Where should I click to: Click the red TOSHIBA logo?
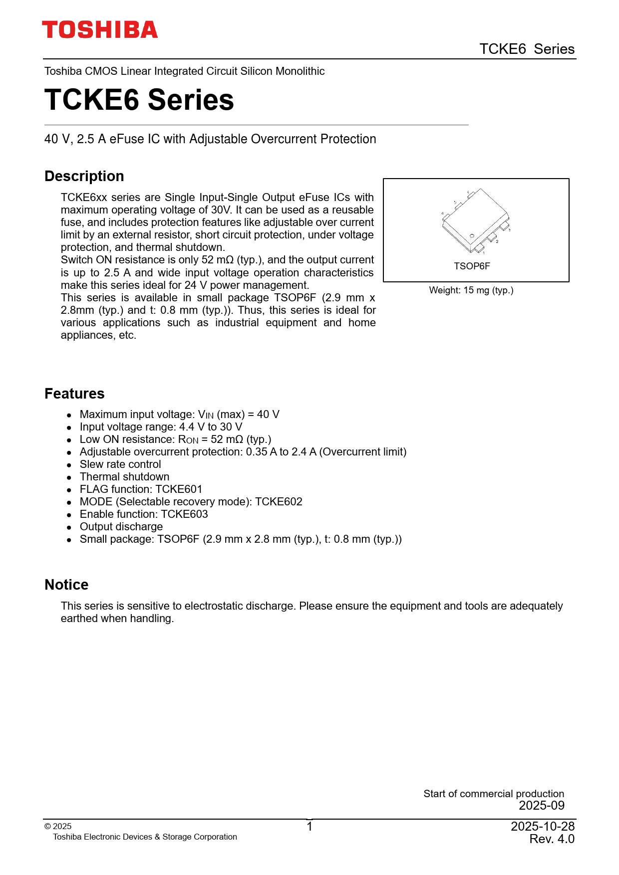(x=100, y=30)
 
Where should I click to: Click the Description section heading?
(x=84, y=176)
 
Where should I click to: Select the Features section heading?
(x=74, y=394)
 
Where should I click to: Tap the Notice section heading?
(x=66, y=585)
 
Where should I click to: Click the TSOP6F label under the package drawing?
(x=472, y=266)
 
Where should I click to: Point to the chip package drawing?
(x=475, y=221)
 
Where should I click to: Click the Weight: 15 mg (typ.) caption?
(x=471, y=290)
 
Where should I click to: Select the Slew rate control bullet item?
(x=120, y=464)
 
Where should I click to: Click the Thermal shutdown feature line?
(x=124, y=477)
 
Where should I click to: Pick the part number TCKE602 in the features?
(x=279, y=502)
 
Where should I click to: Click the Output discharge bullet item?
(x=121, y=527)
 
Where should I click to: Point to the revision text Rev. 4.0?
(x=552, y=839)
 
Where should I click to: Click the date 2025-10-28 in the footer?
(x=543, y=827)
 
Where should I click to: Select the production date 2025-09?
(x=542, y=806)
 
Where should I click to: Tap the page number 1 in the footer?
(x=309, y=827)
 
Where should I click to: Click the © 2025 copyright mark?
(x=58, y=827)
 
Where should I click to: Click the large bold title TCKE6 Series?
(x=139, y=100)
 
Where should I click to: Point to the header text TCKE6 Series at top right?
(x=527, y=49)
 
